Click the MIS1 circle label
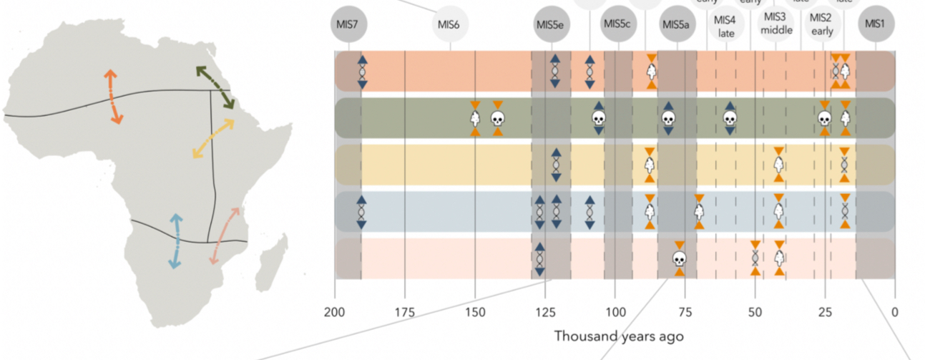[x=875, y=24]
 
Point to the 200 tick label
[x=335, y=311]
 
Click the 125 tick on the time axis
[x=545, y=311]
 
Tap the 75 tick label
[x=685, y=311]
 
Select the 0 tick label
[x=894, y=311]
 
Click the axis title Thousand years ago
[x=618, y=336]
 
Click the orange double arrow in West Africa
[x=113, y=97]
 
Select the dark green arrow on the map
[x=215, y=87]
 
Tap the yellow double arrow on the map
[x=213, y=138]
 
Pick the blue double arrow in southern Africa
[x=175, y=240]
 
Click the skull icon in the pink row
[x=679, y=258]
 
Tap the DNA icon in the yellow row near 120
[x=556, y=165]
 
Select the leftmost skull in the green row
[x=498, y=119]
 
